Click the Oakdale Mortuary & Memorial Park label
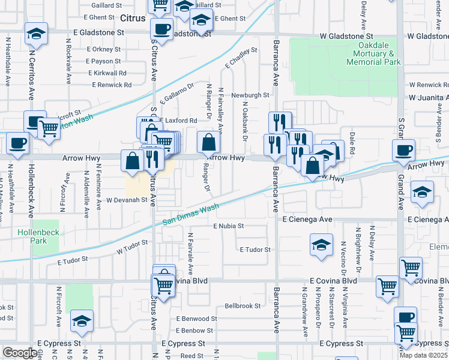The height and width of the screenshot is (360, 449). point(379,54)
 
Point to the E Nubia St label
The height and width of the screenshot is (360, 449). point(229,226)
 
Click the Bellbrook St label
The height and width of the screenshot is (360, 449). point(243,305)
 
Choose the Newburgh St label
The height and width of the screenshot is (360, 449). point(251,95)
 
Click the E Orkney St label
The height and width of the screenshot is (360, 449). point(103,49)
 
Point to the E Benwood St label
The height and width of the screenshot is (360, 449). point(196,319)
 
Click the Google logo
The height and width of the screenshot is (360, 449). point(19,353)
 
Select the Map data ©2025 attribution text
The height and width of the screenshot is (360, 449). point(424,355)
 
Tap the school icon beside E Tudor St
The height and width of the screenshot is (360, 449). point(321,245)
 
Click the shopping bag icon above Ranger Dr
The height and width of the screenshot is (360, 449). point(208,143)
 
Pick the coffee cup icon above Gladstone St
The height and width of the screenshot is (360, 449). point(161,28)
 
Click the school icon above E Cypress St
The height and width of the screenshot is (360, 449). point(82,321)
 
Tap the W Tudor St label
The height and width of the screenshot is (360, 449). point(132,247)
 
